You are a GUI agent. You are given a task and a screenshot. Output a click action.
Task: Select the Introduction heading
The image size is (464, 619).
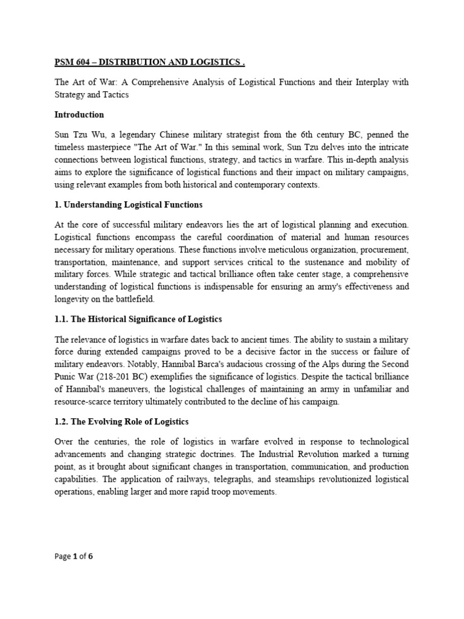point(79,114)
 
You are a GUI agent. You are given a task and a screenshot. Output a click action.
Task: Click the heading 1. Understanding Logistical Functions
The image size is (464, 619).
point(128,204)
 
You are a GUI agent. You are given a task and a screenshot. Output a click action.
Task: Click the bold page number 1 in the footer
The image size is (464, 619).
point(76,574)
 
